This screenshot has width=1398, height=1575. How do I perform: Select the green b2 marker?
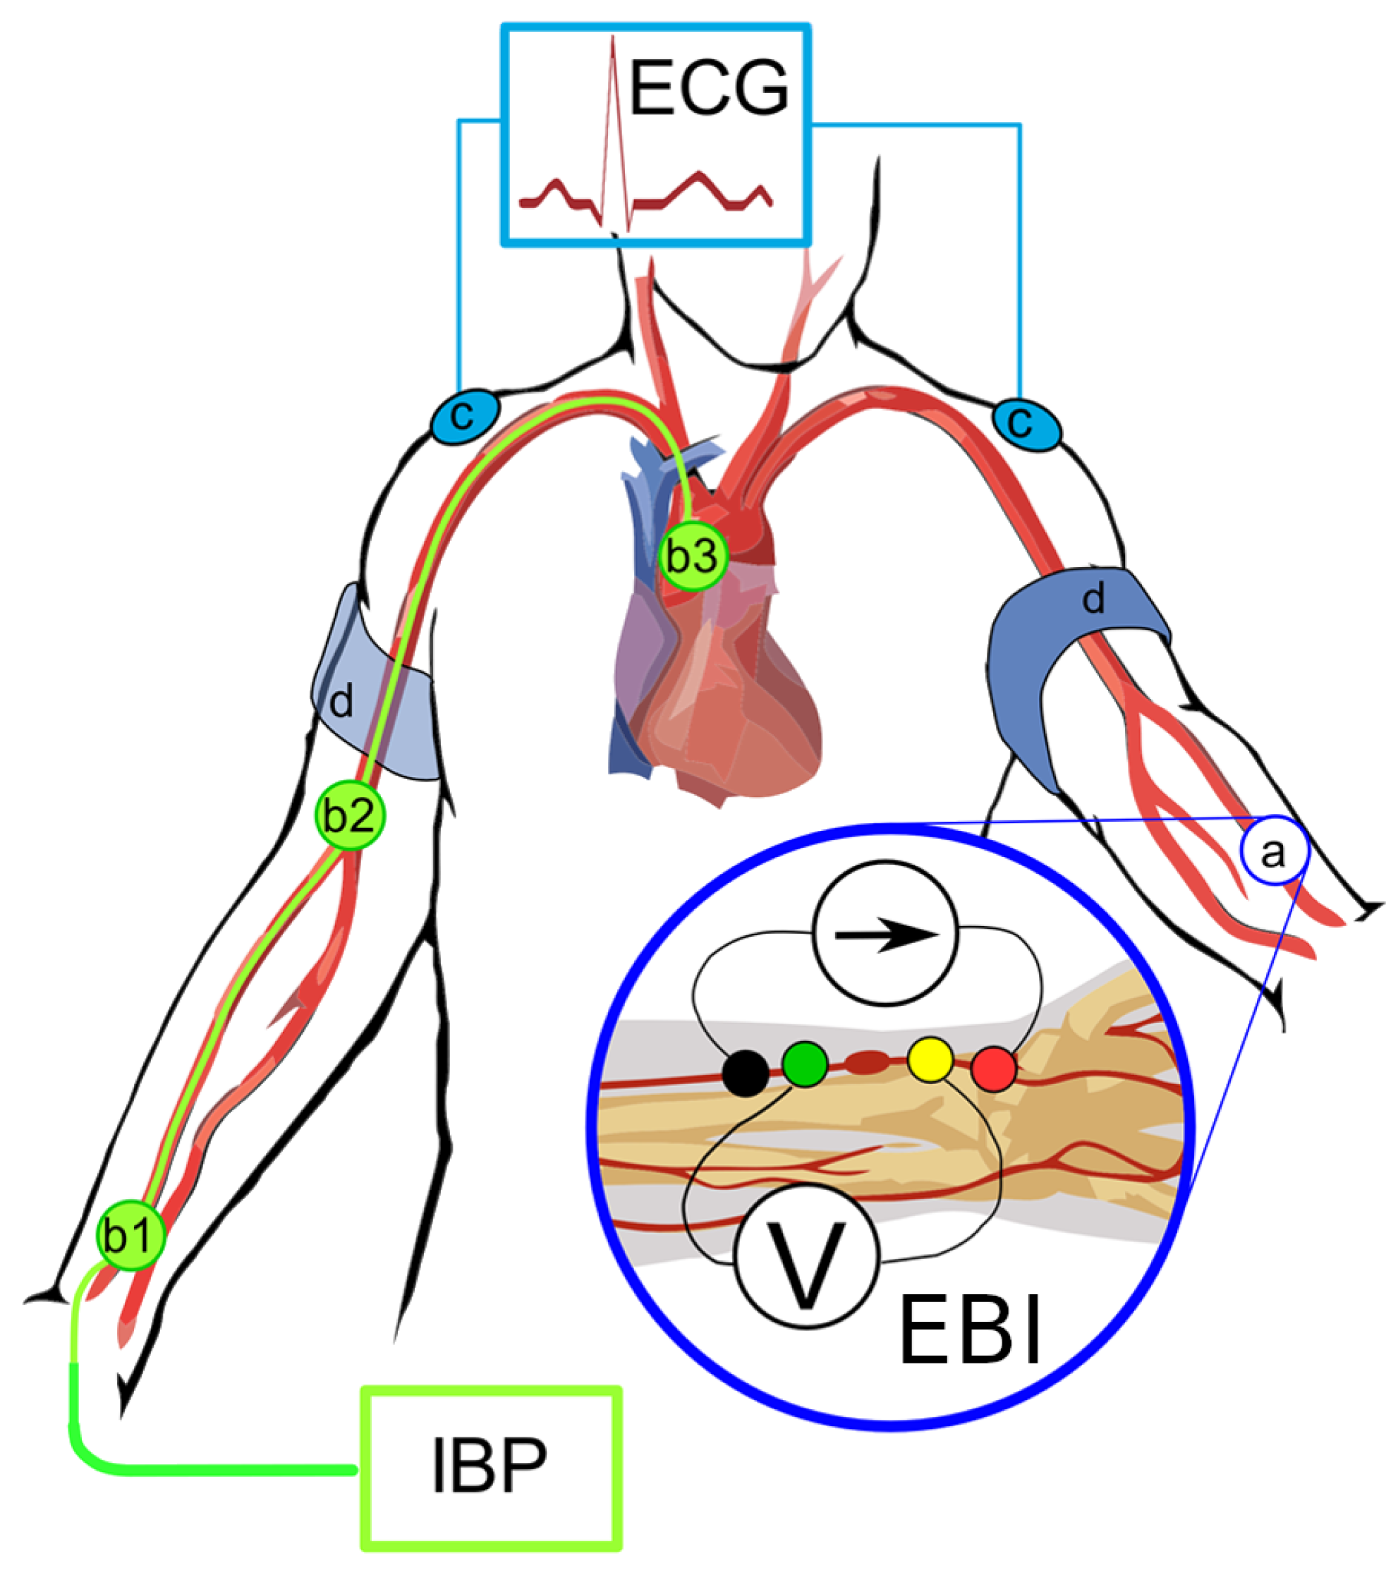click(x=350, y=815)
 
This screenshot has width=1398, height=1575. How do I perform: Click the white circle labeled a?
click(x=1273, y=851)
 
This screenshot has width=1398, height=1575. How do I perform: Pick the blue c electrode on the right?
click(x=1025, y=425)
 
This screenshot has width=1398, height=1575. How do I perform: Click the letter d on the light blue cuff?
click(x=341, y=701)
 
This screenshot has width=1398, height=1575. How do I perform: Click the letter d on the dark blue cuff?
click(x=1093, y=598)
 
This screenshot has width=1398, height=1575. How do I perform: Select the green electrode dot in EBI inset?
click(x=805, y=1064)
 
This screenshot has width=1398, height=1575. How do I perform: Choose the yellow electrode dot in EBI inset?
click(x=931, y=1059)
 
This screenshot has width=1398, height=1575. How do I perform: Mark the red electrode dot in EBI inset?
click(x=993, y=1069)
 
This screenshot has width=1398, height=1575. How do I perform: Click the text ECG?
click(x=709, y=89)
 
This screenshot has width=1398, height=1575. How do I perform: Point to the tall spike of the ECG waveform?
click(x=614, y=116)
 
